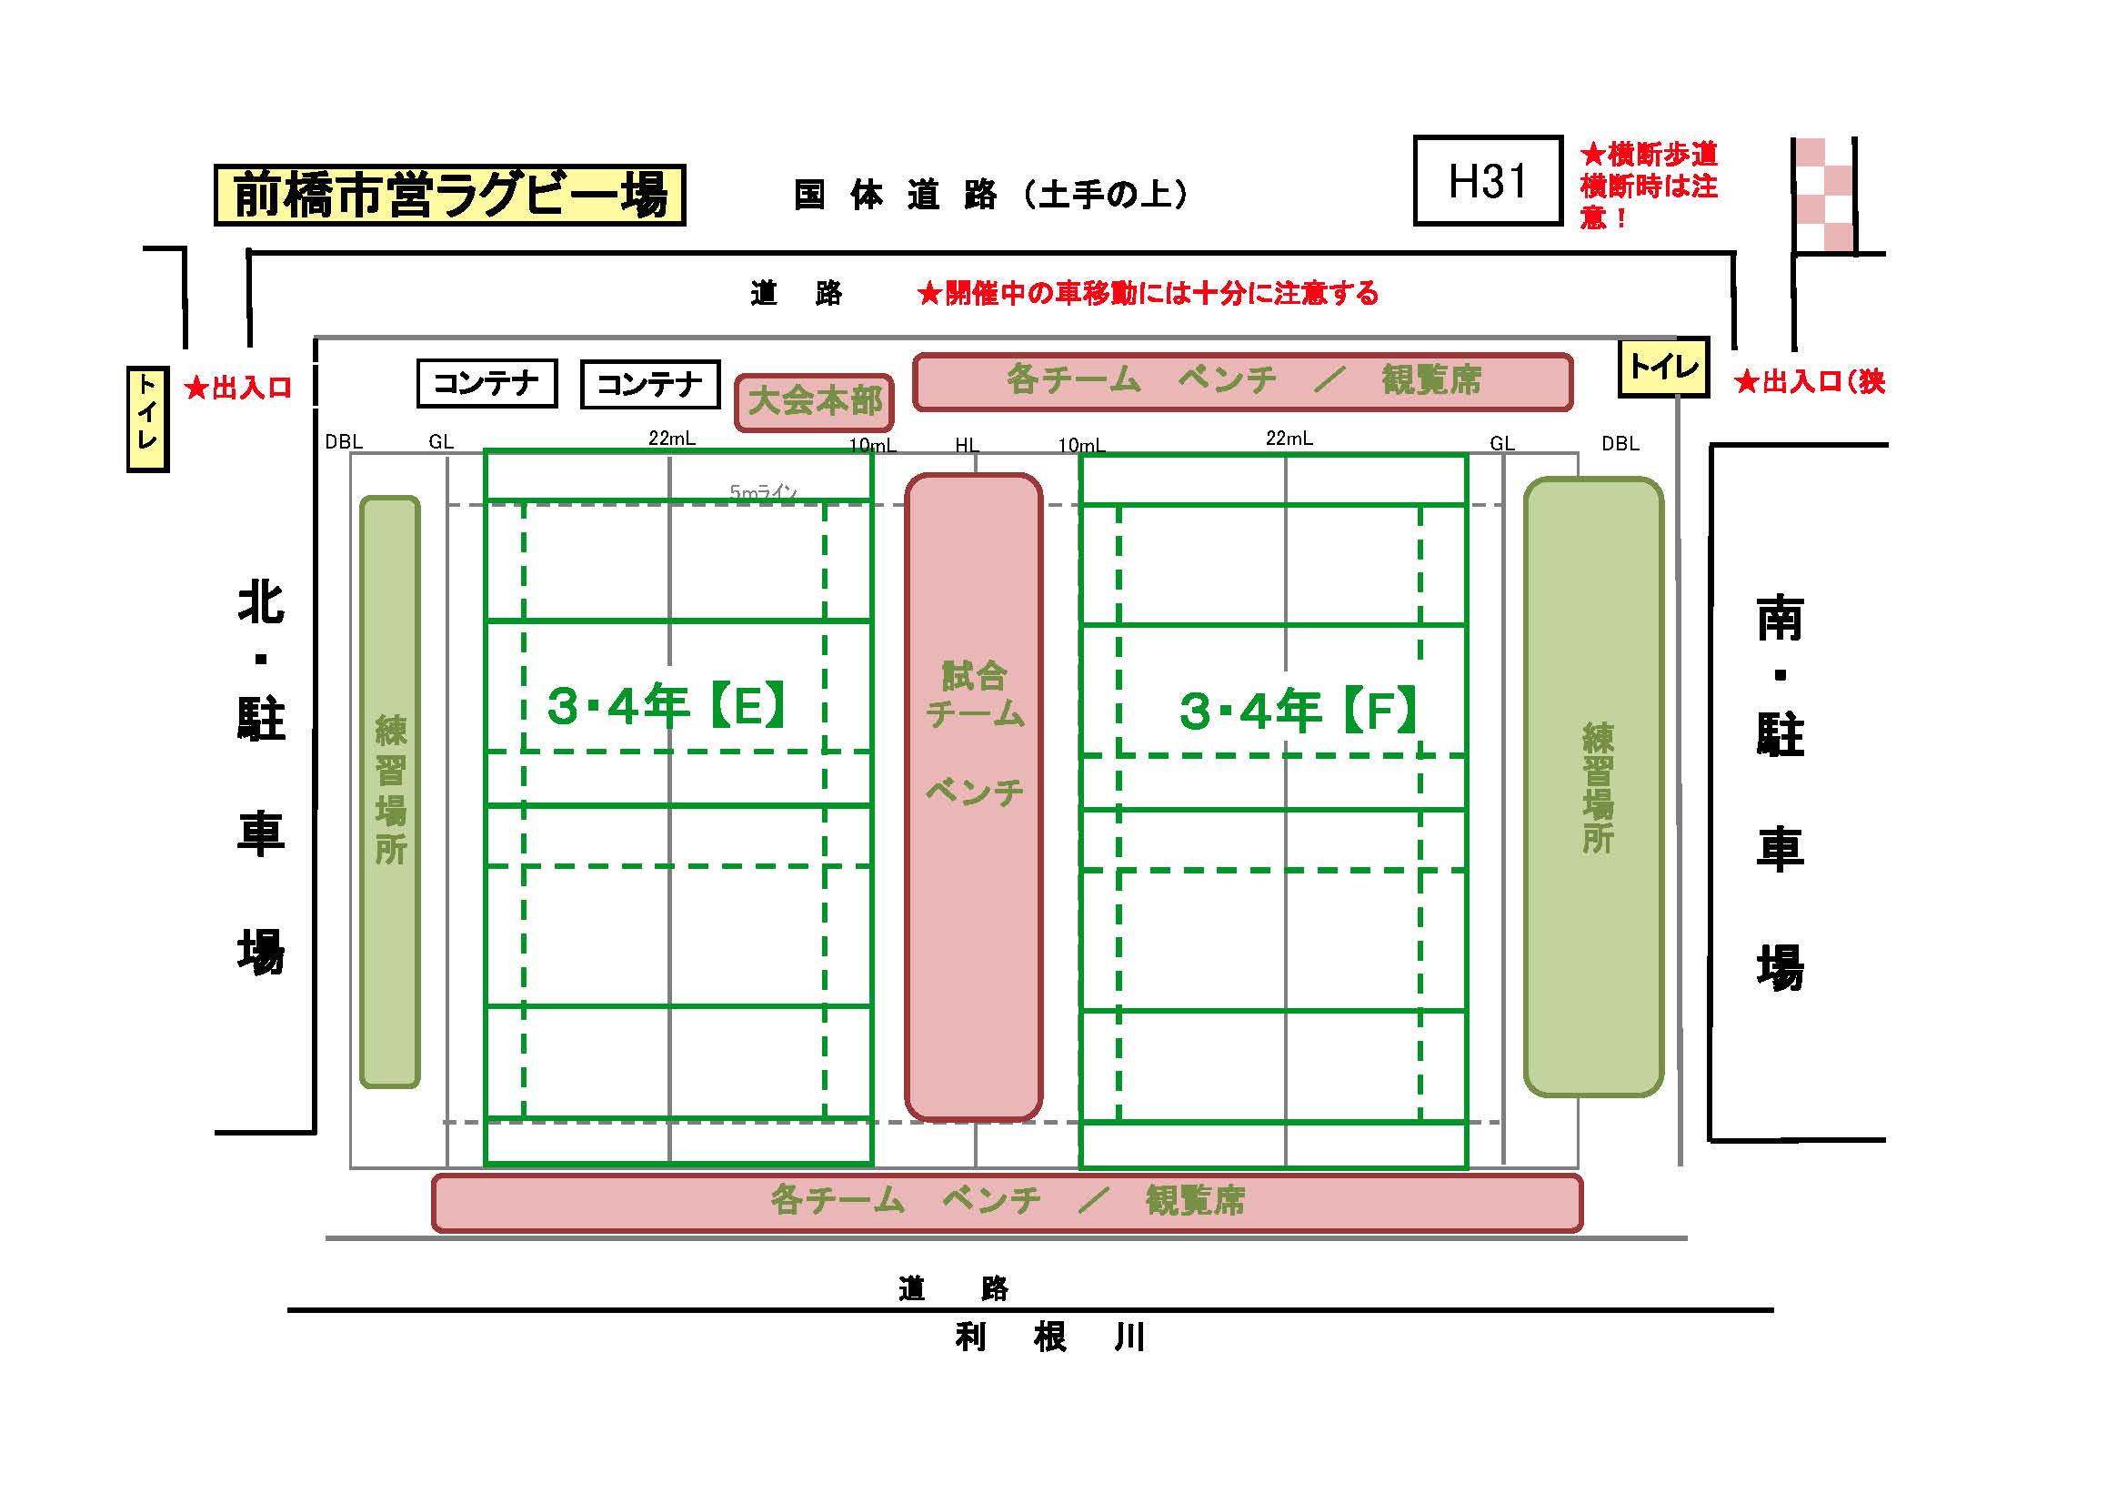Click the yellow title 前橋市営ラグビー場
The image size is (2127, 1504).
[449, 195]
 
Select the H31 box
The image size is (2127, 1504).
[1487, 181]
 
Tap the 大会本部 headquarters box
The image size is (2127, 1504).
[814, 402]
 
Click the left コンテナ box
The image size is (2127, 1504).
[487, 383]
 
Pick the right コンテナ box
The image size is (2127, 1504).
[649, 384]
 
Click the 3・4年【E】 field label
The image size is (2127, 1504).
[666, 706]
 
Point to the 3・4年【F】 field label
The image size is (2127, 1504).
[1297, 711]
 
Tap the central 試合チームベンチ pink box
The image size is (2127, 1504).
[974, 797]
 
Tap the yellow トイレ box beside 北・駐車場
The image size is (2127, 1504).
[147, 419]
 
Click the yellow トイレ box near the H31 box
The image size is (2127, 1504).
[1663, 368]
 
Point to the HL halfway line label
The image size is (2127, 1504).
[967, 445]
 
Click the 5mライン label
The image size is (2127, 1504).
[762, 492]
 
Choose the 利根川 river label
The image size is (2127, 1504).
[1049, 1337]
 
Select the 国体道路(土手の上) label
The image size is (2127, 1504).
[990, 195]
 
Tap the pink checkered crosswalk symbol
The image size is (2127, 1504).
[1823, 196]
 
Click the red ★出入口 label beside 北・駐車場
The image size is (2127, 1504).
[238, 388]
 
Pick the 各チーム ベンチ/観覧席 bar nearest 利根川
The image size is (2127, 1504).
[1007, 1202]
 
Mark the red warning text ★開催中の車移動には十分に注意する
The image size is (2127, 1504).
[1147, 294]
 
